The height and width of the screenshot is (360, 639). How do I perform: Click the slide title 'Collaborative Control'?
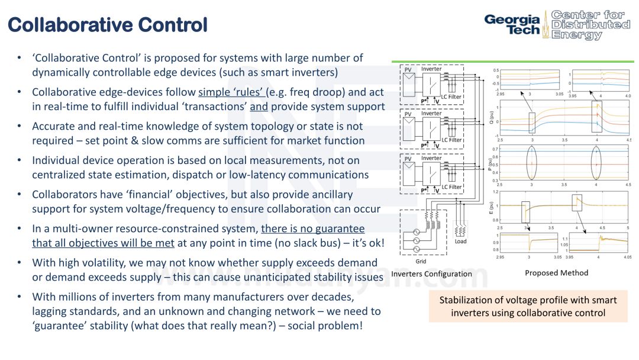click(108, 25)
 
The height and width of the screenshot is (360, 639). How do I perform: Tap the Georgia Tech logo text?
click(512, 24)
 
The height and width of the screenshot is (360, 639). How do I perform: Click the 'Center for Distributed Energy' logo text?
click(590, 24)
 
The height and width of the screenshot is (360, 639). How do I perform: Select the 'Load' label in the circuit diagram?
click(461, 241)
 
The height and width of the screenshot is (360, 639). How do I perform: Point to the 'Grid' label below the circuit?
click(421, 261)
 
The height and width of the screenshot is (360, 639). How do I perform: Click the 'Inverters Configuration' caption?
click(431, 274)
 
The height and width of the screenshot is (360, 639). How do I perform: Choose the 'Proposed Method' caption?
click(556, 273)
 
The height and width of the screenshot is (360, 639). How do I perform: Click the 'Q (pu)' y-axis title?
click(490, 117)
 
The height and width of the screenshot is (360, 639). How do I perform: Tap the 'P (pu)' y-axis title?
click(490, 164)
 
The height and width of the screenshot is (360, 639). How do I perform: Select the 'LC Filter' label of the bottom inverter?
click(451, 187)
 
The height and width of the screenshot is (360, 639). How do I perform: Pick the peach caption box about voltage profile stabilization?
click(528, 306)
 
